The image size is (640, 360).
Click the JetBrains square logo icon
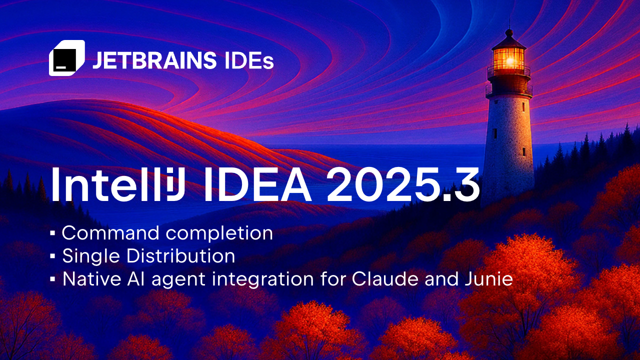(66, 58)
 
